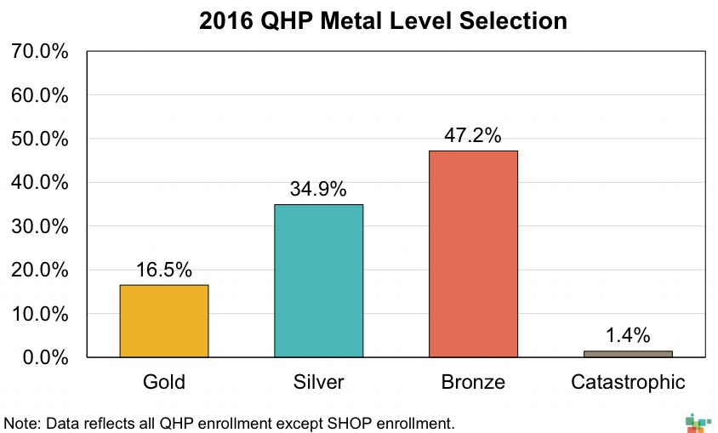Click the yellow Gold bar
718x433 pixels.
click(x=164, y=321)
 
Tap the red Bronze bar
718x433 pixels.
click(x=473, y=254)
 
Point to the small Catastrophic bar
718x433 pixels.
click(x=628, y=353)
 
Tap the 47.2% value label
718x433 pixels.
click(x=473, y=136)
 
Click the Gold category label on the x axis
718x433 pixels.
click(x=164, y=382)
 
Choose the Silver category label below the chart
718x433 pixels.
click(x=318, y=382)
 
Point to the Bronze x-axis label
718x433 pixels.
click(x=473, y=382)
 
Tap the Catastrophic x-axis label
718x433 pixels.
click(x=628, y=382)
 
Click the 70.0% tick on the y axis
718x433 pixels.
click(x=40, y=51)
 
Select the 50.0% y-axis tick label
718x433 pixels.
click(x=40, y=139)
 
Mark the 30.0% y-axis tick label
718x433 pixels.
click(x=40, y=226)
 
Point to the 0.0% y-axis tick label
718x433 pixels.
click(x=45, y=357)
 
